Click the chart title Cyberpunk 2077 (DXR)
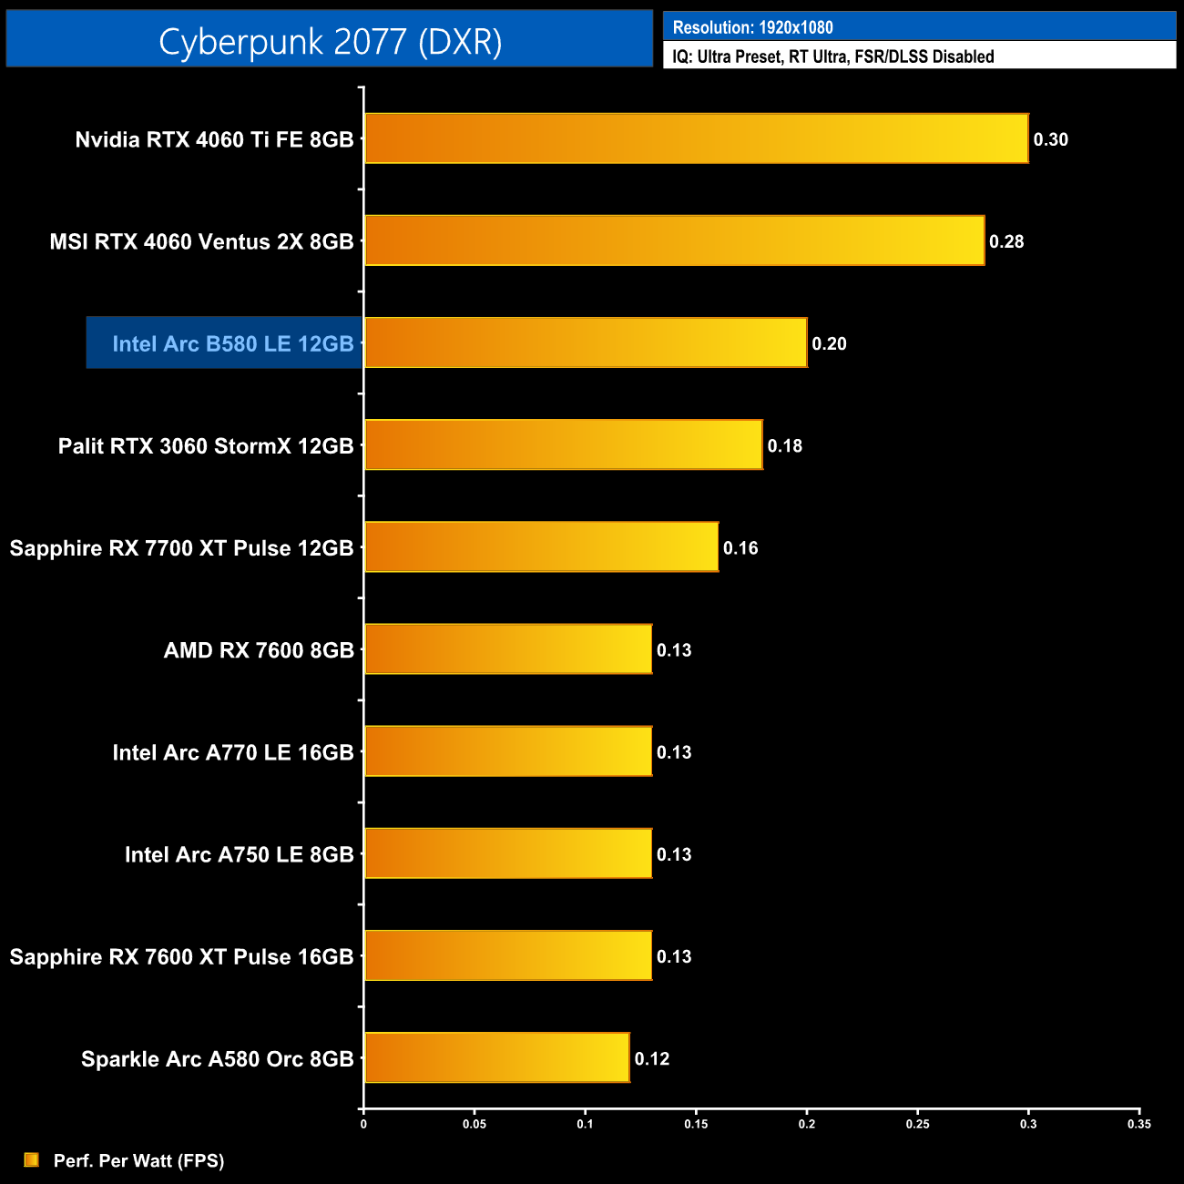click(330, 41)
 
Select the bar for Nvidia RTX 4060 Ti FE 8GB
click(696, 138)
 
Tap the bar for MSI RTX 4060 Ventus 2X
click(674, 240)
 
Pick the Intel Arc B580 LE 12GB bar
click(586, 342)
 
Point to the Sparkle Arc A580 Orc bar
click(496, 1057)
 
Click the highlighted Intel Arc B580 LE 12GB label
click(232, 343)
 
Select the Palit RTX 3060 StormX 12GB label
click(206, 445)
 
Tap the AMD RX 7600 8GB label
click(259, 650)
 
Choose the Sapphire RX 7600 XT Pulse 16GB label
click(181, 956)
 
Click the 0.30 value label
click(1050, 139)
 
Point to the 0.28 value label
click(1006, 241)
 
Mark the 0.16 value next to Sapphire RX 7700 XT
click(740, 548)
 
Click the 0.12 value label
click(652, 1058)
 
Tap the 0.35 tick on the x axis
click(1138, 1124)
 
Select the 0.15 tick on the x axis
click(696, 1124)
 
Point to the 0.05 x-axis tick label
click(475, 1124)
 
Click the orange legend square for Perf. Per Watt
click(32, 1159)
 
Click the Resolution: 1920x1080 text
click(752, 27)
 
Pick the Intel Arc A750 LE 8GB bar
click(508, 853)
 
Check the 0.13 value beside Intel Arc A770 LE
click(674, 752)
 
